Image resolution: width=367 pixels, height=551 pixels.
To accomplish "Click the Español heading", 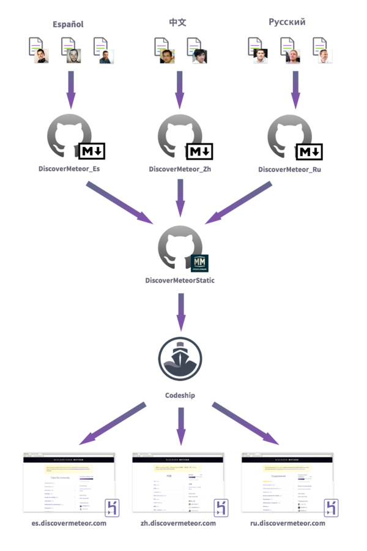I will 68,24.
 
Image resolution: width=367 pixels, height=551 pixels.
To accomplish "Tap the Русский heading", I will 287,22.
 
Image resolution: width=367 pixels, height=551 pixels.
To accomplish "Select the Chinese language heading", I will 177,23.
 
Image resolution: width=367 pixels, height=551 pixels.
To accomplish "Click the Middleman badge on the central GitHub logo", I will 200,263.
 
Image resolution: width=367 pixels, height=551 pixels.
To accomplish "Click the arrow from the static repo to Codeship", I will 180,311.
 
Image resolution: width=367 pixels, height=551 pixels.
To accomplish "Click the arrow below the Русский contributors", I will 295,88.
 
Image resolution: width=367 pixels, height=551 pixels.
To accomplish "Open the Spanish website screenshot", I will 69,482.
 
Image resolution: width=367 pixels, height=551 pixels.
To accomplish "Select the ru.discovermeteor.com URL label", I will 287,524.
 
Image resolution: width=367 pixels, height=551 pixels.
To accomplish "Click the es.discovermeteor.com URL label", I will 69,524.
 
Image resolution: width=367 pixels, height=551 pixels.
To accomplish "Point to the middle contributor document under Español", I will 71,51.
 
